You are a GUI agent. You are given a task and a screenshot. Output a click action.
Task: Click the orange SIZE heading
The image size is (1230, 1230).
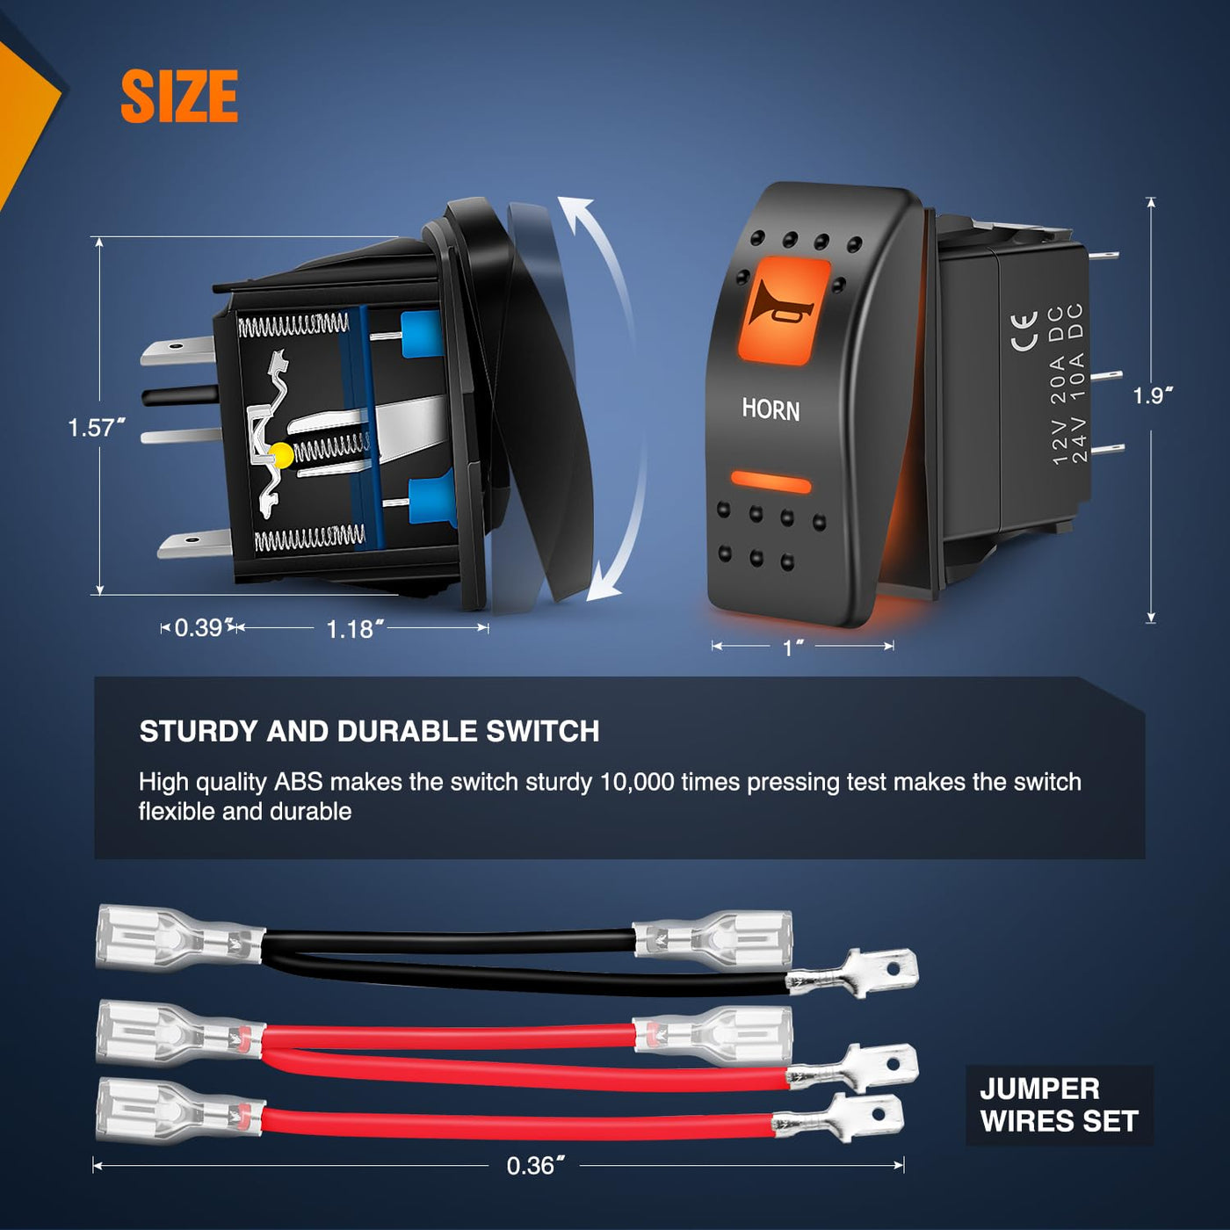pos(179,97)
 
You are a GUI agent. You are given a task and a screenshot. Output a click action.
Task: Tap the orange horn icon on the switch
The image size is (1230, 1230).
pos(782,310)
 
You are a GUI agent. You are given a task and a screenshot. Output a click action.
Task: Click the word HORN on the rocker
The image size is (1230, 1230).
pos(771,409)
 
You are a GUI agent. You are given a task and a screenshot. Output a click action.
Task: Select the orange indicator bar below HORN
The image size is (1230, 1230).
pos(771,481)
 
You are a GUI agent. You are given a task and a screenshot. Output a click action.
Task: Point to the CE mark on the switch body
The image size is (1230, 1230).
pos(1024,331)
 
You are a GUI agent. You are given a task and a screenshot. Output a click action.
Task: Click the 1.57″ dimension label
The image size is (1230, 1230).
pos(96,428)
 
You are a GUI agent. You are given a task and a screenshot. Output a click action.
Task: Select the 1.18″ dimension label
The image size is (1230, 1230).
pos(354,629)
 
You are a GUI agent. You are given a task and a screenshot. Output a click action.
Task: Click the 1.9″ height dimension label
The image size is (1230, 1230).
pos(1152,395)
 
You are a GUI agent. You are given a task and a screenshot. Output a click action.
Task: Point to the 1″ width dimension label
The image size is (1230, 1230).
pos(793,648)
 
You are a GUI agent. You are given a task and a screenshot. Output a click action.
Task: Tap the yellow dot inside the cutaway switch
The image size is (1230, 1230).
pos(281,455)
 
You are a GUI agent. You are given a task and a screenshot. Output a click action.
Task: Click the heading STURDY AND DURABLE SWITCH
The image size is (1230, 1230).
pos(369,731)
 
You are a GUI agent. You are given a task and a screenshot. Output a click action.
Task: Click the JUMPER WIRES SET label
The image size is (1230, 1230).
pos(1059,1105)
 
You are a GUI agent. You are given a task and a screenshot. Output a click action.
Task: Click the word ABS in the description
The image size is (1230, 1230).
pos(298,782)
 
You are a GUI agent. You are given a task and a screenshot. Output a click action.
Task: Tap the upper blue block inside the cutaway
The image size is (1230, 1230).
pos(421,335)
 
